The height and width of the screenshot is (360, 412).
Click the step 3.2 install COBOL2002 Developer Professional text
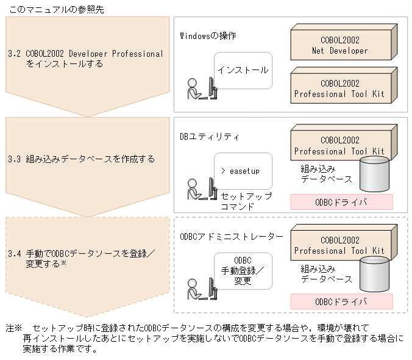(x=86, y=58)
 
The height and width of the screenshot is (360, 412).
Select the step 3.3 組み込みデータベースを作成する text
(x=82, y=159)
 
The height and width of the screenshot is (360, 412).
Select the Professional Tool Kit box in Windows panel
(x=339, y=88)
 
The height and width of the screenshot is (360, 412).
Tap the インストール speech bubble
(x=243, y=70)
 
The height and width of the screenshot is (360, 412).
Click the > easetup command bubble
(x=243, y=171)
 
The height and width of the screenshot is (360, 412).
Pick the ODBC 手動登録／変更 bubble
(x=243, y=270)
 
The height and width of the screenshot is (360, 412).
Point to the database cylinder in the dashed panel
(x=374, y=274)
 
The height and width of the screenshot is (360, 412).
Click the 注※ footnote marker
(x=14, y=328)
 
